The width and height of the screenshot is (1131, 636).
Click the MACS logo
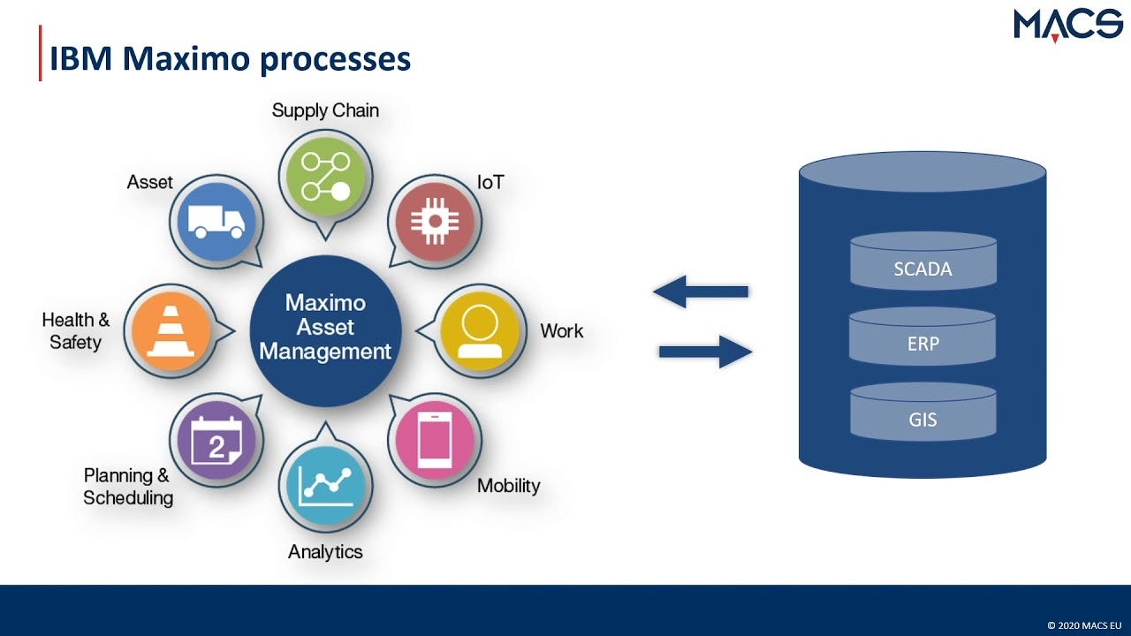click(1067, 25)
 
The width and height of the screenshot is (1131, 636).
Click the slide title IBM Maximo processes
click(230, 59)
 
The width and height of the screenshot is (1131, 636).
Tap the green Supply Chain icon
click(324, 175)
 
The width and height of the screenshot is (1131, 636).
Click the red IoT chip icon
click(432, 221)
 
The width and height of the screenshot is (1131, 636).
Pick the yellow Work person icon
click(480, 330)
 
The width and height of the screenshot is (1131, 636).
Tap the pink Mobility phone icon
click(434, 439)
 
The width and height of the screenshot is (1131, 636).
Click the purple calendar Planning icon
click(216, 440)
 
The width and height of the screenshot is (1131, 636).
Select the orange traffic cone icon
click(171, 330)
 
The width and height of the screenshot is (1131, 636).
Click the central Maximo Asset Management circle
click(325, 328)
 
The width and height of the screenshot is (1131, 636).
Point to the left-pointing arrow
click(701, 291)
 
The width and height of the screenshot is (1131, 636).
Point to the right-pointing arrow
click(705, 352)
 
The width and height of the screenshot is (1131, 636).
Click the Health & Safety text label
click(76, 330)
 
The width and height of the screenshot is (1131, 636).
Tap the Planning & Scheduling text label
click(128, 487)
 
